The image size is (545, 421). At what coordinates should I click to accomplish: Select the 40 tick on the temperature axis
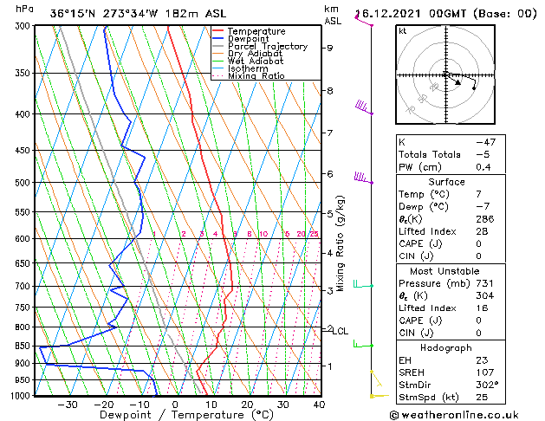click(319, 405)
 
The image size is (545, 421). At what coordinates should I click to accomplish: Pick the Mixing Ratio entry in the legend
click(256, 77)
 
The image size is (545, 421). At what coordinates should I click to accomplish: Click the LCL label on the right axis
click(341, 331)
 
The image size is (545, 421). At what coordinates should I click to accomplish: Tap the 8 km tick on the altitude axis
click(329, 91)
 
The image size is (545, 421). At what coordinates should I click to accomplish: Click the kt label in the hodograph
click(403, 31)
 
